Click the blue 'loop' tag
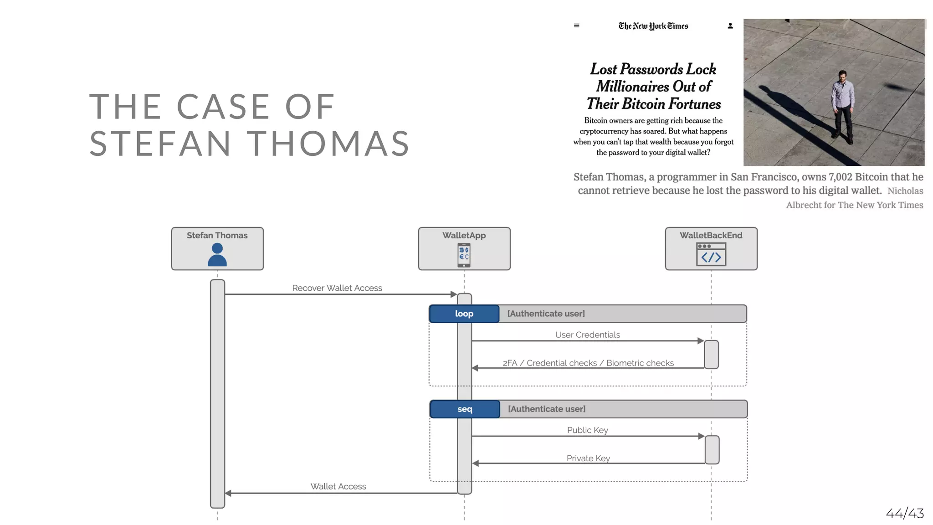[x=464, y=314]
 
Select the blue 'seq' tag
[x=465, y=409]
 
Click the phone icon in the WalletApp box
[x=464, y=255]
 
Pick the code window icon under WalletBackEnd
[x=711, y=254]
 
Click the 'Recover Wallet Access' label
[x=337, y=288]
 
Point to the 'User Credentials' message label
[x=587, y=335]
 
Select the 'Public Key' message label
[x=587, y=430]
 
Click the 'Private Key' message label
[x=588, y=458]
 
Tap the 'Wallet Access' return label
[x=338, y=486]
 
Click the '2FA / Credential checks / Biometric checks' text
[x=588, y=363]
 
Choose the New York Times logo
[x=653, y=26]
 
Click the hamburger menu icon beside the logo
[x=576, y=26]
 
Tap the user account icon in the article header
[x=730, y=26]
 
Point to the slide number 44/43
[x=904, y=513]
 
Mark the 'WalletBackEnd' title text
[x=711, y=235]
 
